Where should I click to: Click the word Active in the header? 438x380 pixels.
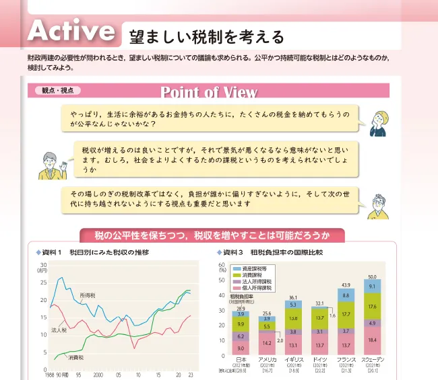70,31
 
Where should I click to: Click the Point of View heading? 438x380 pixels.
209,91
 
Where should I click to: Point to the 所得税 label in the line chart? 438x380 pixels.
88,295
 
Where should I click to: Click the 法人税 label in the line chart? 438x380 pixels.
59,330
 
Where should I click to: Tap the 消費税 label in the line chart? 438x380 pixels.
76,357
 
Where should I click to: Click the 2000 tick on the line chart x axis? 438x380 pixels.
98,374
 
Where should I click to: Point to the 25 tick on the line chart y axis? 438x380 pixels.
44,282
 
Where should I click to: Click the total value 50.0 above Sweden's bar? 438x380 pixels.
372,277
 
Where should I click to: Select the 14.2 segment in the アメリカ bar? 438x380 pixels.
268,343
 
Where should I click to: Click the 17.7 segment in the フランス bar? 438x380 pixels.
346,313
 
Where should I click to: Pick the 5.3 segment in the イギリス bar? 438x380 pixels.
293,305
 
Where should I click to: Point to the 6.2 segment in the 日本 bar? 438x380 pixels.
241,336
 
